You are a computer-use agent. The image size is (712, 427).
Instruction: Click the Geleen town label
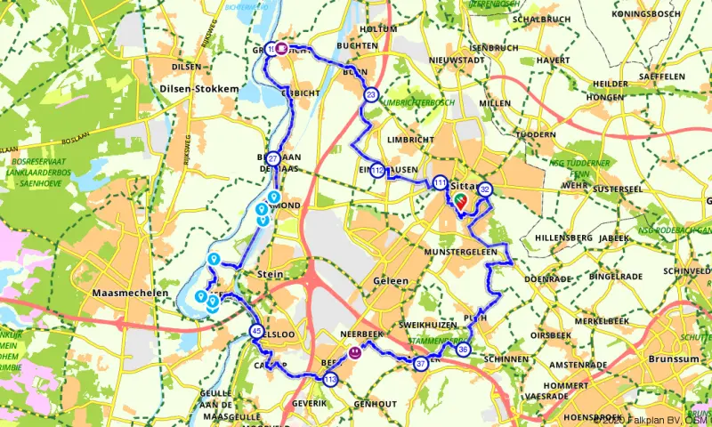[x=390, y=281]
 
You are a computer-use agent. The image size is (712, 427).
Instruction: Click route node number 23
[x=371, y=95]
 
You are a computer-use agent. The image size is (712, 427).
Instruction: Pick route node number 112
[x=378, y=170]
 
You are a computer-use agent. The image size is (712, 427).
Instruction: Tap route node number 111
[x=441, y=182]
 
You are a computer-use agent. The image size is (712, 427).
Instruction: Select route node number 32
[x=485, y=189]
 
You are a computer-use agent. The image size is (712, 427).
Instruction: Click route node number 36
[x=463, y=350]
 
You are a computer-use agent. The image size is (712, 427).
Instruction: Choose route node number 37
[x=421, y=363]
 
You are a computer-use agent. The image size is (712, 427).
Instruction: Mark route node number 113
[x=331, y=381]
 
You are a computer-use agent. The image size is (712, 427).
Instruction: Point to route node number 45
[x=256, y=332]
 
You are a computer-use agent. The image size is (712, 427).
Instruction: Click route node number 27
[x=273, y=159]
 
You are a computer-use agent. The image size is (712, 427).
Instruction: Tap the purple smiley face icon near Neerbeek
[x=355, y=352]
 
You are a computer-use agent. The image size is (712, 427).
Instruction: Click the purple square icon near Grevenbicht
[x=281, y=50]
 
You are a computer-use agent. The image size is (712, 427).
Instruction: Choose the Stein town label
[x=270, y=275]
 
